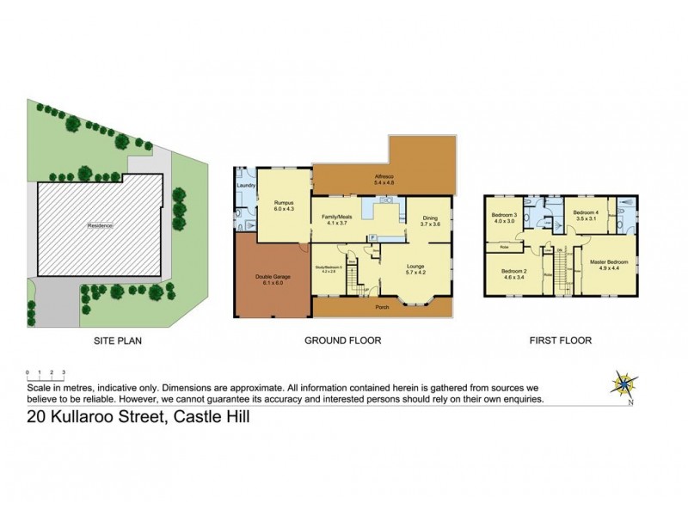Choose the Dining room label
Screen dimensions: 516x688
point(430,220)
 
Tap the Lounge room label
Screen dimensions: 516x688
point(416,269)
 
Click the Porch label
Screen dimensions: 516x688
point(381,307)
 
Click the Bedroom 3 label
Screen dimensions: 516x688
point(503,217)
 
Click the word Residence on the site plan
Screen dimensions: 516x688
point(100,225)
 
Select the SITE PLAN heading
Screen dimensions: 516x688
point(117,341)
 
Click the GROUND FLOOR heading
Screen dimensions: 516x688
point(342,341)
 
